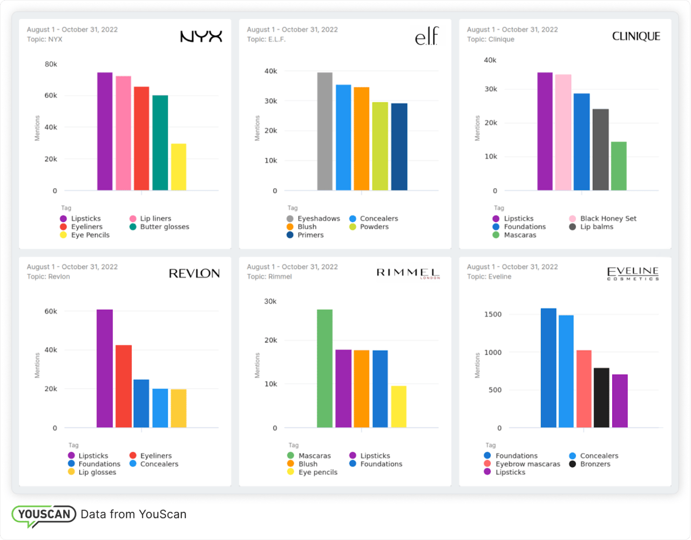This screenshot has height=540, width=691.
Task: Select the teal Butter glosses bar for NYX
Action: (160, 143)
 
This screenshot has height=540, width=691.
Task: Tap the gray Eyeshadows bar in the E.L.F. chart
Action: (325, 131)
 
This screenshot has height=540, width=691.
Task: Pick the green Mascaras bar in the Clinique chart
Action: (619, 166)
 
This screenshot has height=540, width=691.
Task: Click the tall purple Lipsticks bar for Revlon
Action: (105, 368)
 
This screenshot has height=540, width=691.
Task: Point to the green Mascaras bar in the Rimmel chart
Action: (324, 368)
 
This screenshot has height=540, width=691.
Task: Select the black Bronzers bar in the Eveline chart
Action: (601, 398)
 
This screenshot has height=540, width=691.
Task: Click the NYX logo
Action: (201, 37)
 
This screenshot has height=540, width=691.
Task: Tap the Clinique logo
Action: (636, 36)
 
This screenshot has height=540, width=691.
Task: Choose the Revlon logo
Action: (194, 274)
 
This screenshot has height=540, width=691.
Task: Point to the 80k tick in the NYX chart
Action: (51, 64)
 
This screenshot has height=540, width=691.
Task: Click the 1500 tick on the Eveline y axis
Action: (492, 314)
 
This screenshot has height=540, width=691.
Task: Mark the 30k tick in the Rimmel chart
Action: (270, 302)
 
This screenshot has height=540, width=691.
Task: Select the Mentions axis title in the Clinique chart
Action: (477, 128)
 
